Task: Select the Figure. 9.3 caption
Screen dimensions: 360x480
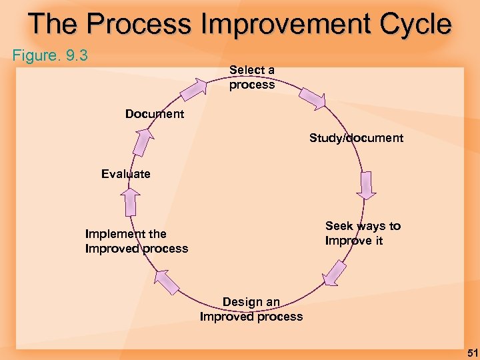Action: pyautogui.click(x=51, y=55)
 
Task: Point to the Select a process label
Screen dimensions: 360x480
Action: pyautogui.click(x=252, y=77)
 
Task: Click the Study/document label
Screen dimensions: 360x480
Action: pyautogui.click(x=356, y=138)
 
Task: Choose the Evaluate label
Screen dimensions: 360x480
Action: pyautogui.click(x=126, y=174)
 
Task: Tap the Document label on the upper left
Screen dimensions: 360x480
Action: pyautogui.click(x=155, y=114)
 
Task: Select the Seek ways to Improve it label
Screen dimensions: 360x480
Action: pyautogui.click(x=363, y=233)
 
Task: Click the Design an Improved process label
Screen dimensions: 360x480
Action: pyautogui.click(x=251, y=309)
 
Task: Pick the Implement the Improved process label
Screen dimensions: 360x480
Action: pyautogui.click(x=137, y=241)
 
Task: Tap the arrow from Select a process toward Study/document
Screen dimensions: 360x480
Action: pyautogui.click(x=311, y=98)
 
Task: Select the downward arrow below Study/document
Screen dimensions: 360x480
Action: pyautogui.click(x=367, y=186)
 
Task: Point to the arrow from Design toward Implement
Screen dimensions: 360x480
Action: pyautogui.click(x=166, y=281)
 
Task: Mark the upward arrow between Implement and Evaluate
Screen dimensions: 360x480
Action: pyautogui.click(x=131, y=201)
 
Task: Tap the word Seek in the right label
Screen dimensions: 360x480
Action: pyautogui.click(x=339, y=226)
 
